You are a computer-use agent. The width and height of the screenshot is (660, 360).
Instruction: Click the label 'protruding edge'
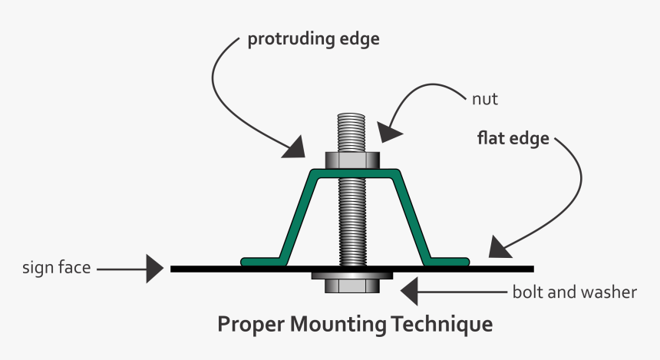[313, 40]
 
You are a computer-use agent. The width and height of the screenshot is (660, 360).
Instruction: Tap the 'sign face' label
[57, 269]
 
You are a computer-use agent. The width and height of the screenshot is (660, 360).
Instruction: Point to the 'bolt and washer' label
[574, 292]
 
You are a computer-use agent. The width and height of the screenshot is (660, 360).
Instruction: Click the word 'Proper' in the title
[251, 324]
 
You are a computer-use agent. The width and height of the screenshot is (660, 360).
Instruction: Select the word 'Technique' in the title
[441, 324]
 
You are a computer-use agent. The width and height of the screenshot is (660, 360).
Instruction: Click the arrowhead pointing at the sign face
[156, 269]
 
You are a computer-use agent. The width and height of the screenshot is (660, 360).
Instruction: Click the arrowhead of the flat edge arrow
[499, 247]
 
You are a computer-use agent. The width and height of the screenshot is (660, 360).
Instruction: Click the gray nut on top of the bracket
[353, 160]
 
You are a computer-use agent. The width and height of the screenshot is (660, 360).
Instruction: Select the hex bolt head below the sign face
[353, 286]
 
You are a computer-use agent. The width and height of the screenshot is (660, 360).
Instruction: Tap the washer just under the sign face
[353, 275]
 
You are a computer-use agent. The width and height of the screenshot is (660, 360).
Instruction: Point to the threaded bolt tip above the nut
[353, 132]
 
